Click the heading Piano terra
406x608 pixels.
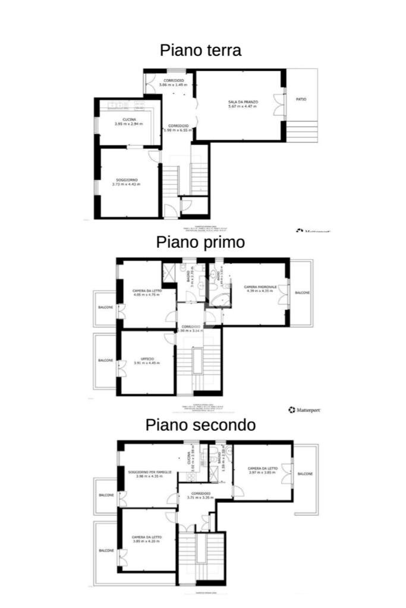[200, 51]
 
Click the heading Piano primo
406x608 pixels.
[200, 242]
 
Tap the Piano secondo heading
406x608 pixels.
[201, 425]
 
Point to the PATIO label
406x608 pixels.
[301, 99]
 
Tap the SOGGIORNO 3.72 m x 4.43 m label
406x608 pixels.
[125, 182]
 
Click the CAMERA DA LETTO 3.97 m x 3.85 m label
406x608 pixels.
[262, 471]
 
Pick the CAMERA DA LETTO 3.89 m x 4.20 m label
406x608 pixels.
[146, 539]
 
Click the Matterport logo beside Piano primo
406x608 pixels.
[304, 409]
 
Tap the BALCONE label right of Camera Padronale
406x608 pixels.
[303, 293]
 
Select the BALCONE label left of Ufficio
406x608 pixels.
[105, 360]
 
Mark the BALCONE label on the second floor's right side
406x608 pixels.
[305, 474]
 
